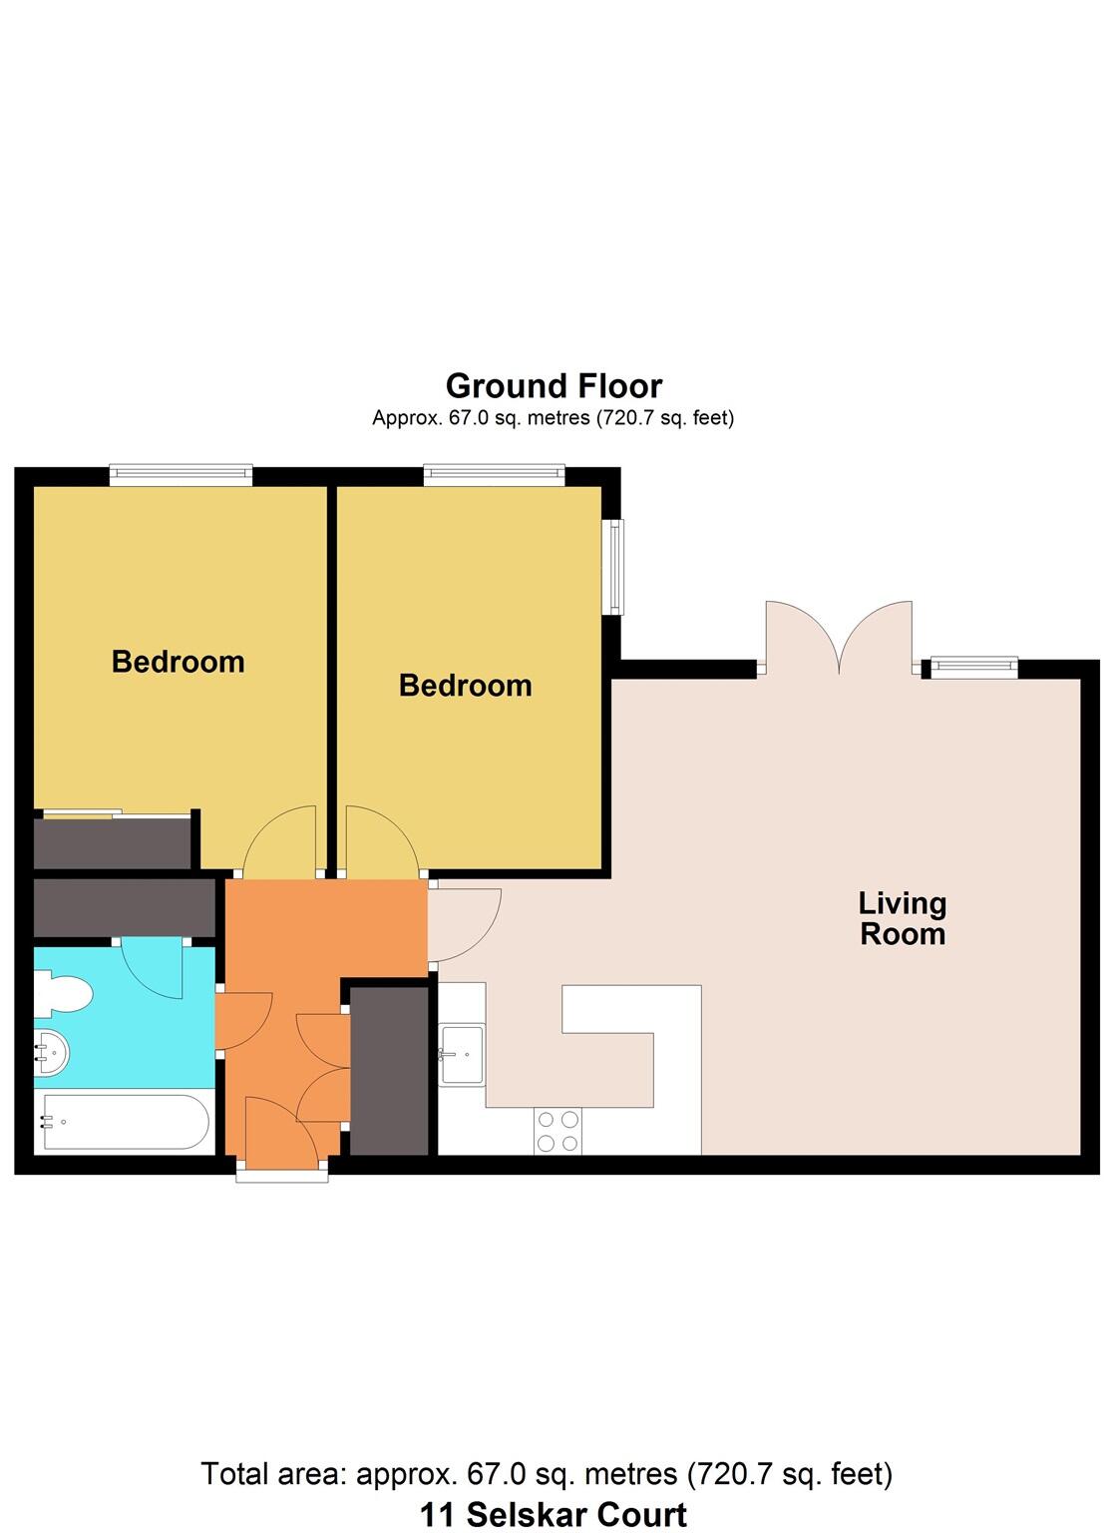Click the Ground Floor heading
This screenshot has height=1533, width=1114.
[554, 386]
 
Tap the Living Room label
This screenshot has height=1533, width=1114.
[902, 918]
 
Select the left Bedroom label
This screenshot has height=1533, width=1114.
[178, 662]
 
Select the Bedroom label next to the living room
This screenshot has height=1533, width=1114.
[465, 686]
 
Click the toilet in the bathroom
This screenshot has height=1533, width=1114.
[62, 995]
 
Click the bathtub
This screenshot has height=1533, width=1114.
[124, 1123]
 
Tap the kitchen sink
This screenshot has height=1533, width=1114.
[462, 1054]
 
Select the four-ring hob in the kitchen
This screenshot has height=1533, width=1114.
[558, 1131]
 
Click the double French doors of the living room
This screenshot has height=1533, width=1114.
[839, 639]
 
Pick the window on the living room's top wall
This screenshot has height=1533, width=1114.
[973, 667]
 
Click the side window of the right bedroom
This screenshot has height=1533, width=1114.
[616, 566]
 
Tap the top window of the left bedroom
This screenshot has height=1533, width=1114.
[181, 475]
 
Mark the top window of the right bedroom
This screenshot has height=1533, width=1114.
[494, 475]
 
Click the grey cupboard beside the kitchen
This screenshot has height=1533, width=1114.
[389, 1070]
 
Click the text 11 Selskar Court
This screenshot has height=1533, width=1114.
[553, 1514]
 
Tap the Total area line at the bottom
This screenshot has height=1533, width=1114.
[547, 1474]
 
